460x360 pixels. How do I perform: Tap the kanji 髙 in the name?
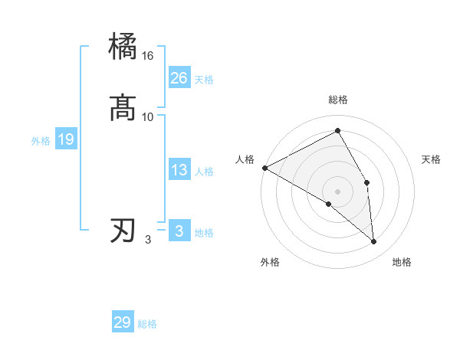[123, 108]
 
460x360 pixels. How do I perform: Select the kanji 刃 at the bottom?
[123, 231]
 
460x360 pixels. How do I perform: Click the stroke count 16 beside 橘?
[148, 56]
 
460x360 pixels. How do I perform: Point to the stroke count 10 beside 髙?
[148, 116]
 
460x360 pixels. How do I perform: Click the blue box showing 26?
[179, 78]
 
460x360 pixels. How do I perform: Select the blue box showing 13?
[179, 171]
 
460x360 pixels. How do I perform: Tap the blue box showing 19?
[66, 139]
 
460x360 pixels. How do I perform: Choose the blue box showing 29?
[123, 322]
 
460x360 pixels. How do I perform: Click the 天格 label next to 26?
[204, 80]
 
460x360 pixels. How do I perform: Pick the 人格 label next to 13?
[204, 172]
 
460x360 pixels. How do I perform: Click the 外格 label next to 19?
[41, 141]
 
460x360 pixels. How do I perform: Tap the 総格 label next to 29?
[147, 324]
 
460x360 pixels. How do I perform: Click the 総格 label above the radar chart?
[338, 100]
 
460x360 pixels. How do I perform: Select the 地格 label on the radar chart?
[402, 262]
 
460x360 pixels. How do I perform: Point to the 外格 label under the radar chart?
[270, 262]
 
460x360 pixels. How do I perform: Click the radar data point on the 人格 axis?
[264, 168]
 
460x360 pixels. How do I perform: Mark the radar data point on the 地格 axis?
[373, 241]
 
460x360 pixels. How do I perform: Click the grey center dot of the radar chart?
[338, 191]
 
